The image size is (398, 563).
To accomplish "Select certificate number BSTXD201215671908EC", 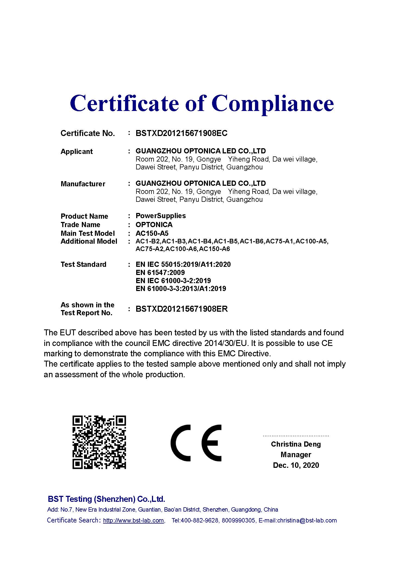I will [x=181, y=133].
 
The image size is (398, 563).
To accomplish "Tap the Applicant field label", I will [x=77, y=151].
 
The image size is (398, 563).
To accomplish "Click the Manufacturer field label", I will [x=83, y=184].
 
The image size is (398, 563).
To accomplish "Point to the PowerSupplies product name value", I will [x=161, y=216].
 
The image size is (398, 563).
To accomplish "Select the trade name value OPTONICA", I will [x=154, y=225].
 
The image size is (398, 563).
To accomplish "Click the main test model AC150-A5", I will [x=152, y=233].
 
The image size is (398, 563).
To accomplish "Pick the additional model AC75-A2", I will [x=150, y=249].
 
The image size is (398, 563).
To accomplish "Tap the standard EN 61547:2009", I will [x=160, y=273].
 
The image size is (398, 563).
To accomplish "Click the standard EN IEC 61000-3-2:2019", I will [x=173, y=280].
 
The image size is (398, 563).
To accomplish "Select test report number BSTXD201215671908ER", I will [x=182, y=309].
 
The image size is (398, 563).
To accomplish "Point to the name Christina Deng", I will [x=296, y=444].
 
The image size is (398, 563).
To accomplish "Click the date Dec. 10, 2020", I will [x=296, y=465].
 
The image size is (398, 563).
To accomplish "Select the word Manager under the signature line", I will [x=296, y=455].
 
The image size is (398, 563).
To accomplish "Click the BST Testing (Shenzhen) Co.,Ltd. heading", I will [x=106, y=499].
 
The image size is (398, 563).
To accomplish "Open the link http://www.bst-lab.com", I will [x=133, y=521].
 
